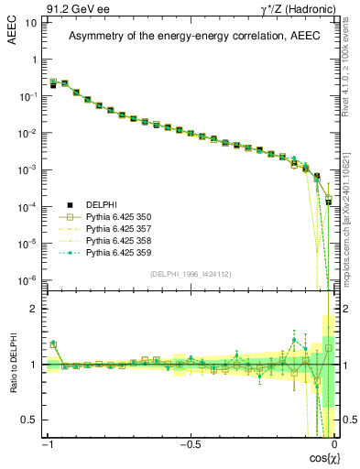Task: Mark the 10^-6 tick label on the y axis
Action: pos(27,279)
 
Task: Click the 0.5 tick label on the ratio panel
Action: pos(30,420)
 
